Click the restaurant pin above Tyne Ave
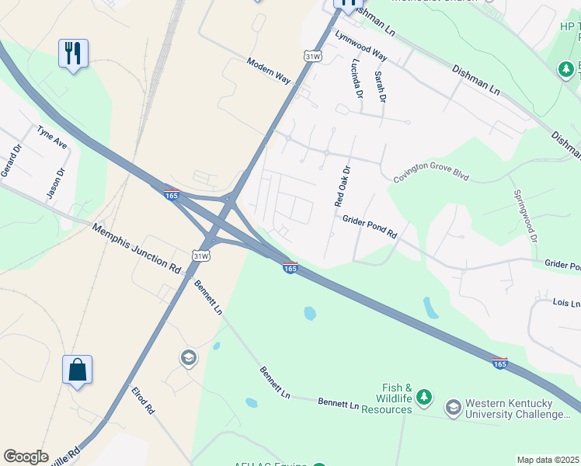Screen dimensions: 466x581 click(x=73, y=54)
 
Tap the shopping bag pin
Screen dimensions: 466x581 click(x=78, y=370)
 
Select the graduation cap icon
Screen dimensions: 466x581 click(x=187, y=358)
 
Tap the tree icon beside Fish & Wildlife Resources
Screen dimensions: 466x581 click(x=423, y=398)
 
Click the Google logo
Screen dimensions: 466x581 click(x=26, y=457)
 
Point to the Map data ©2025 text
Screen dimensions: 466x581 click(x=548, y=460)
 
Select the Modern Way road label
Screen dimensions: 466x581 click(x=268, y=71)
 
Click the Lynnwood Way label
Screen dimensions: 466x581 click(x=360, y=46)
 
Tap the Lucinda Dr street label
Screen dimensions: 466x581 click(x=357, y=79)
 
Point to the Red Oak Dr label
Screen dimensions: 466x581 click(x=343, y=186)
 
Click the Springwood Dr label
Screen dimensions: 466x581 click(x=524, y=215)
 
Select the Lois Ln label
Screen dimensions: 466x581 click(x=566, y=302)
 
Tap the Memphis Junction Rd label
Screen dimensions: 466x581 click(x=136, y=249)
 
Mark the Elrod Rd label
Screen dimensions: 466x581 click(x=143, y=401)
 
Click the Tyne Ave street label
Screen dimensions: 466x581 click(x=53, y=140)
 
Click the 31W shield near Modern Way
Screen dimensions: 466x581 click(x=312, y=57)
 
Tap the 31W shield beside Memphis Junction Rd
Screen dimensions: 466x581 click(x=201, y=256)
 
